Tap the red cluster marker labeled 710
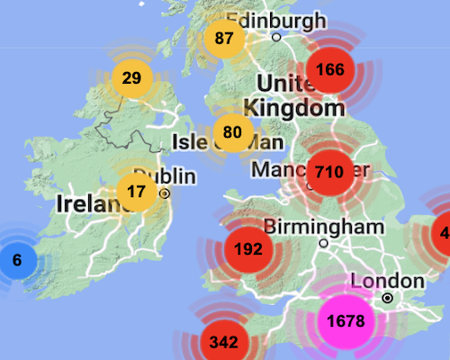(329, 171)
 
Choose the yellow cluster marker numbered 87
(224, 39)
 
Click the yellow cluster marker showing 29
(132, 77)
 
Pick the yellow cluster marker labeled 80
(232, 132)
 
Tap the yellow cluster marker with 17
(137, 191)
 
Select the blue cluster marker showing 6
(16, 260)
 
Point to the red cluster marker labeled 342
(223, 341)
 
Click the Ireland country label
(88, 203)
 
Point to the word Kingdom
(294, 109)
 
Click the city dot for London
(387, 298)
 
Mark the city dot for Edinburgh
(277, 37)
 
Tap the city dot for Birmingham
(323, 243)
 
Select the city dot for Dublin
(166, 193)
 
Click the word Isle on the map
(191, 141)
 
